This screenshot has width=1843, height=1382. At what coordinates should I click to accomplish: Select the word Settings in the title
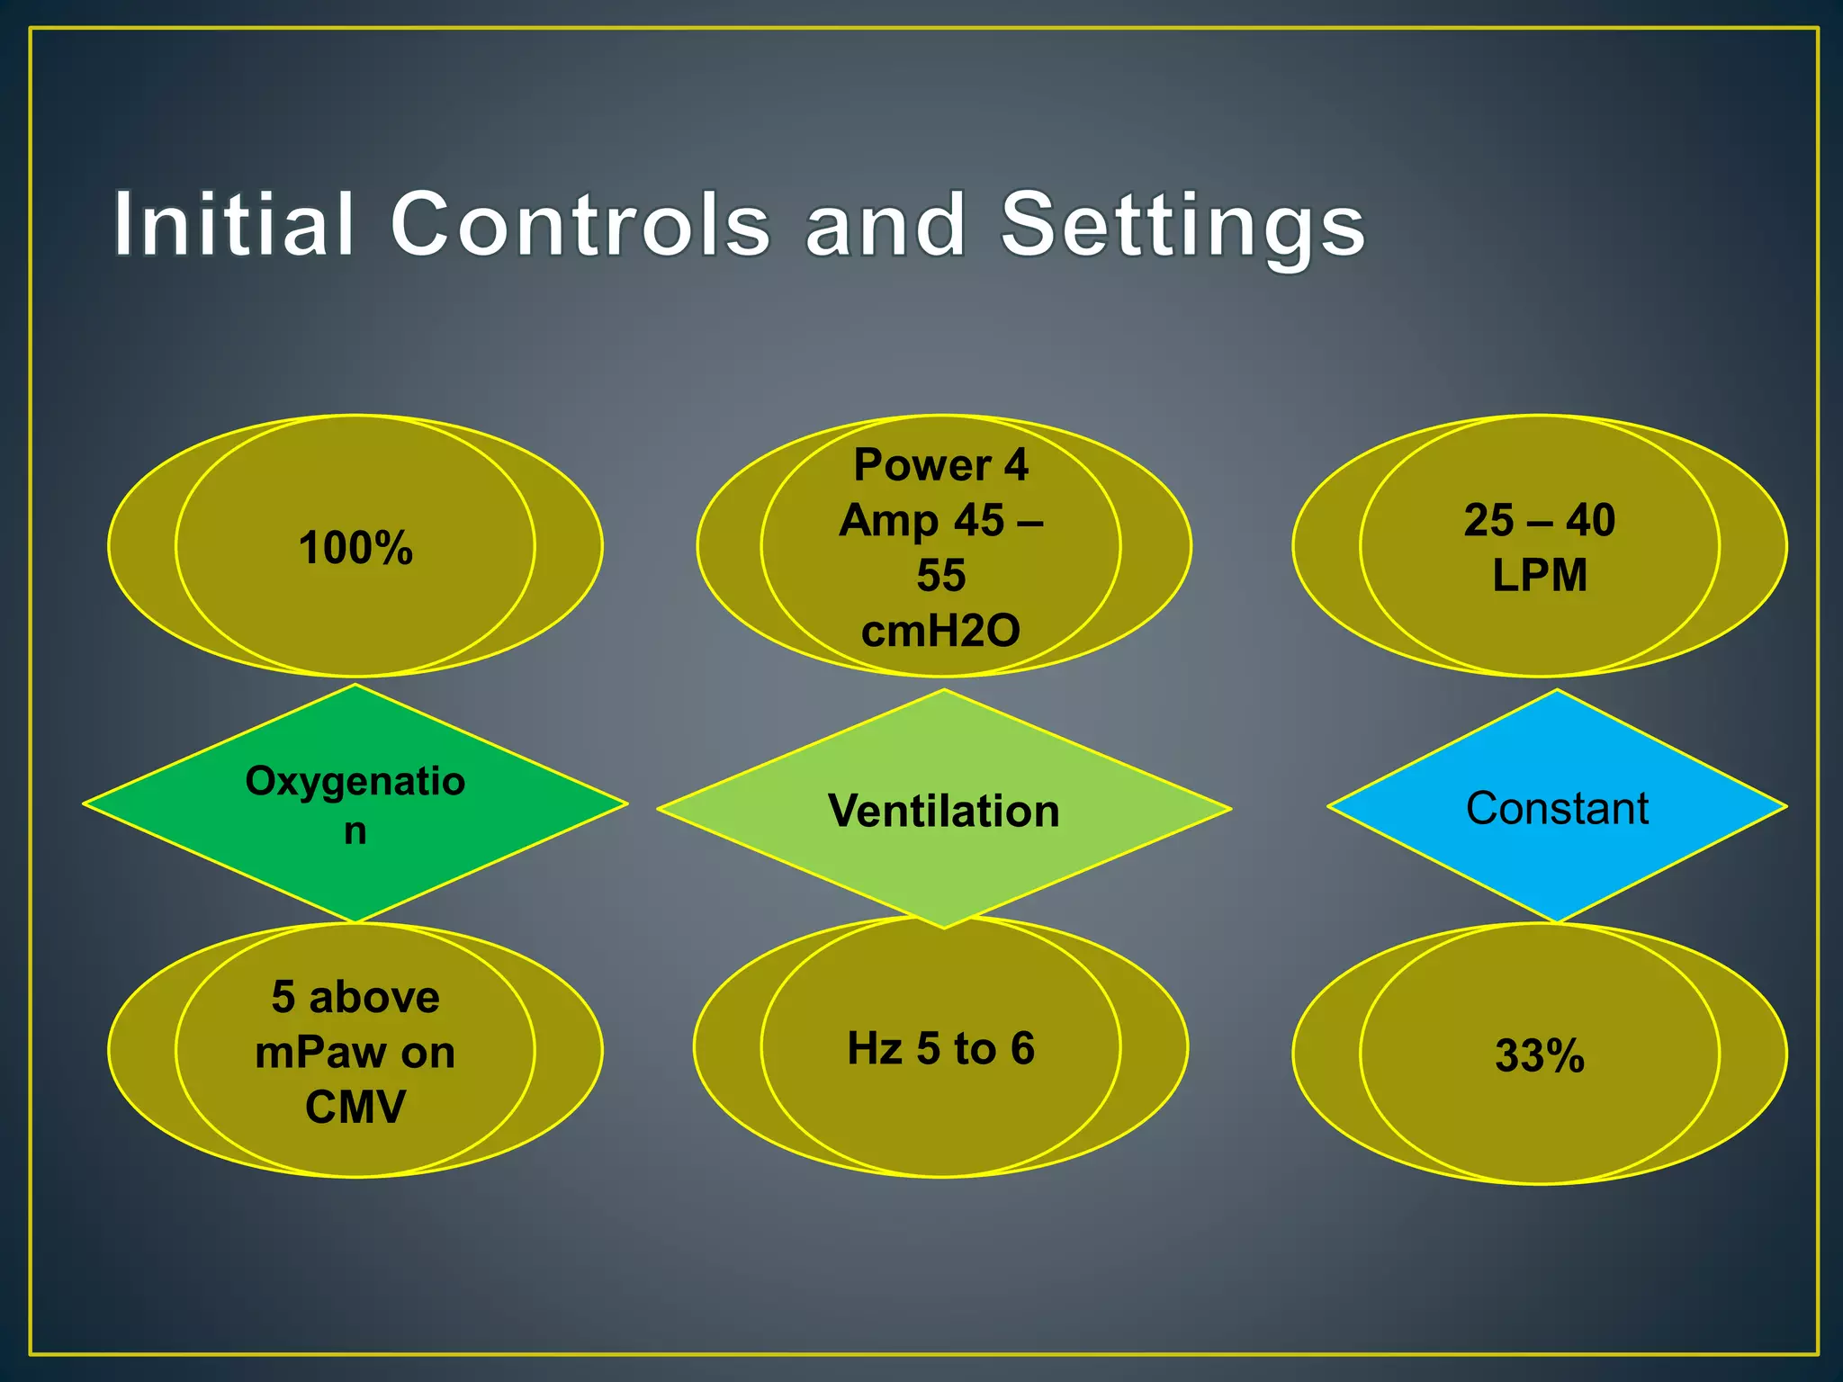[x=1182, y=225]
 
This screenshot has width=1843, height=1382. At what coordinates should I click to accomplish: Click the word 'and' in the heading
[x=886, y=225]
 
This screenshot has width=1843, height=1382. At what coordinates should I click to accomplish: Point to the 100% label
[x=355, y=548]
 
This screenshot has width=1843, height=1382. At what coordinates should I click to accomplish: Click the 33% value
[x=1539, y=1055]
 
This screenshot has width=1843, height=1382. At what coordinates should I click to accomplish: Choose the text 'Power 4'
[x=940, y=465]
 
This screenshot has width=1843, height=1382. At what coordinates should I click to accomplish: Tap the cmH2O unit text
[x=940, y=630]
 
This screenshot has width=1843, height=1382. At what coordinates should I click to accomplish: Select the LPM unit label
[x=1540, y=575]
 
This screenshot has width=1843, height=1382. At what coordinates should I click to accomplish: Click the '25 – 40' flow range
[x=1540, y=520]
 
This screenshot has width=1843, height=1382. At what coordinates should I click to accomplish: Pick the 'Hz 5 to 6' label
[x=940, y=1048]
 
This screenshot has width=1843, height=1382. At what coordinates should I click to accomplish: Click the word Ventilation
[x=943, y=811]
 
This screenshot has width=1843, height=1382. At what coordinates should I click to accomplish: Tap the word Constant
[x=1557, y=808]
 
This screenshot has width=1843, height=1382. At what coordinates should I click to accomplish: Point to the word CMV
[x=355, y=1107]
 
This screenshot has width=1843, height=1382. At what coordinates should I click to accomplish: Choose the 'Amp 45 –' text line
[x=940, y=520]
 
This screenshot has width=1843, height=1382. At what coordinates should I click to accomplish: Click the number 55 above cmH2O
[x=940, y=575]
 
